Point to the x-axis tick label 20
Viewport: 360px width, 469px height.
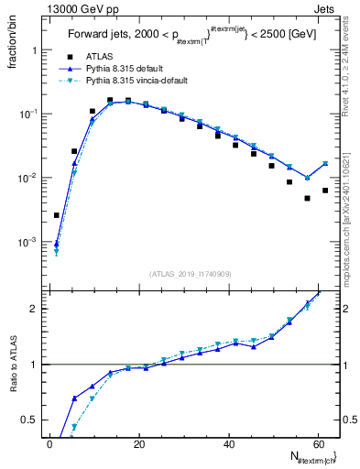coord(138,443)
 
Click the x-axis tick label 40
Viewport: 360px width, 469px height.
coord(228,443)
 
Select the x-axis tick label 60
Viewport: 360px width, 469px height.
coord(317,443)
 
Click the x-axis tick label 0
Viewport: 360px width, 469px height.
coord(49,443)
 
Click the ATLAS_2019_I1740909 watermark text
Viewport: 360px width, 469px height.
coord(191,274)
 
